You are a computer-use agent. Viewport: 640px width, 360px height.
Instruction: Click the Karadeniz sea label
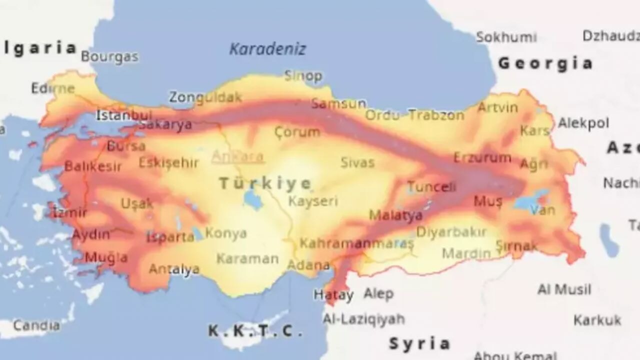pyautogui.click(x=267, y=49)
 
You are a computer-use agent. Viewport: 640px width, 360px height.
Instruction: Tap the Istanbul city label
pyautogui.click(x=123, y=115)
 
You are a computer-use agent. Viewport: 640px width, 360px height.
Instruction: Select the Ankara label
pyautogui.click(x=237, y=156)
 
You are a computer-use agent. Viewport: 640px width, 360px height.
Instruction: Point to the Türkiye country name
pyautogui.click(x=265, y=183)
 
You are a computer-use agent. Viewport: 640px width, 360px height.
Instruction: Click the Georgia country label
pyautogui.click(x=545, y=63)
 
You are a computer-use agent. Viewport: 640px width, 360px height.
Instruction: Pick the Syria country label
pyautogui.click(x=419, y=343)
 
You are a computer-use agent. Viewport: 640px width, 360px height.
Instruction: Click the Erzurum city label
pyautogui.click(x=482, y=158)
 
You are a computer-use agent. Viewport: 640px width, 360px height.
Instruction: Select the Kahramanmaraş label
pyautogui.click(x=356, y=243)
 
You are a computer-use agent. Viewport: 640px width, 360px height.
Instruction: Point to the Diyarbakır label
pyautogui.click(x=451, y=232)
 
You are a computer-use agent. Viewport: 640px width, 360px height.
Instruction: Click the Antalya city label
pyautogui.click(x=174, y=269)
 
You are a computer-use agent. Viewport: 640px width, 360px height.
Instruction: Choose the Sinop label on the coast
pyautogui.click(x=303, y=75)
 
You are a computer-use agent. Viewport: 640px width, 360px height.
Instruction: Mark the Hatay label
pyautogui.click(x=333, y=295)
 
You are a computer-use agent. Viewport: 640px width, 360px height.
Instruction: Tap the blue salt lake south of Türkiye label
pyautogui.click(x=253, y=200)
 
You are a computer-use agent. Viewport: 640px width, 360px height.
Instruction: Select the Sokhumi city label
pyautogui.click(x=506, y=37)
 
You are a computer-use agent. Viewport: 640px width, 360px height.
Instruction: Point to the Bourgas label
pyautogui.click(x=109, y=56)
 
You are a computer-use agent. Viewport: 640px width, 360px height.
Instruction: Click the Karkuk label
pyautogui.click(x=597, y=320)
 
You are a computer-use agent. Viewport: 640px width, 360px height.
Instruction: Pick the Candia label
pyautogui.click(x=36, y=325)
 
